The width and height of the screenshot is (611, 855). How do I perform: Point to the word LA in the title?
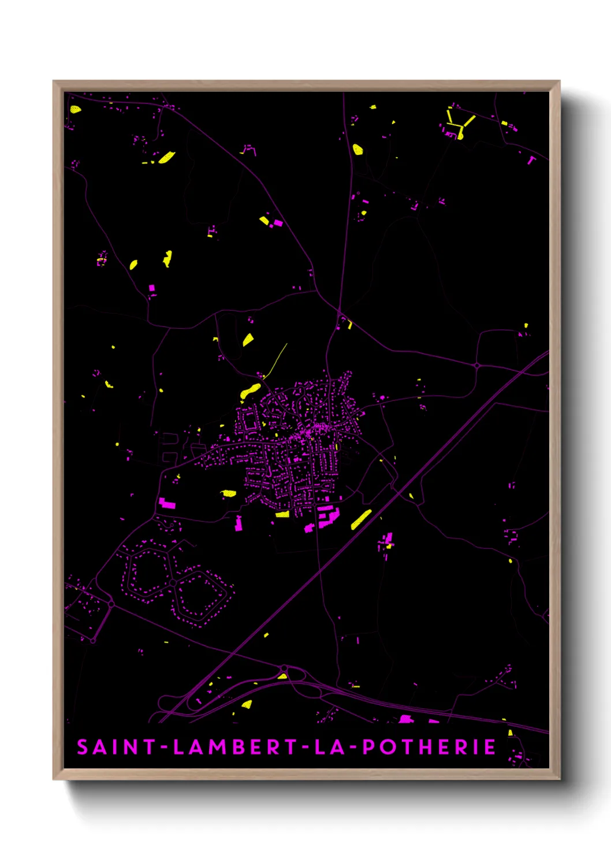[x=329, y=747]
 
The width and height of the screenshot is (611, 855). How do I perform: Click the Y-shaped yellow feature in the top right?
[x=460, y=124]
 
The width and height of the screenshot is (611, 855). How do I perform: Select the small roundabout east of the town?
[x=477, y=365]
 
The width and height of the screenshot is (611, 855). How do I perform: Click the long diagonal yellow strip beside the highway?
[x=362, y=519]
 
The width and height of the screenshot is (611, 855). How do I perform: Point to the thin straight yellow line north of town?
[x=277, y=359]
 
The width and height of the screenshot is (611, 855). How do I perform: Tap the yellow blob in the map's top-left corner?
[x=75, y=109]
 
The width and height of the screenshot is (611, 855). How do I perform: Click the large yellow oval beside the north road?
[x=357, y=150]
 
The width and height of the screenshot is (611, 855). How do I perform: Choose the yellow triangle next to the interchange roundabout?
[x=282, y=675]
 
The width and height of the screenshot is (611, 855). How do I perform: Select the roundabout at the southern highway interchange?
[x=284, y=668]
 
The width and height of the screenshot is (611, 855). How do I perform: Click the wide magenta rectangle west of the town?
[x=167, y=503]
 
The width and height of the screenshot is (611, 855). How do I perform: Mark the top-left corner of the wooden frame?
[x=54, y=81]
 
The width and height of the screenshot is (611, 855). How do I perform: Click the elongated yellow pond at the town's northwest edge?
[x=251, y=391]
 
